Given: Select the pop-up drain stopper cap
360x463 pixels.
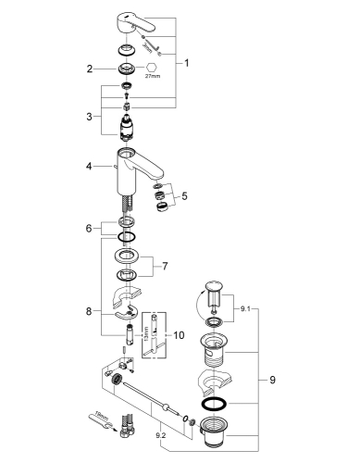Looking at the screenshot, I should click(214, 286).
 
